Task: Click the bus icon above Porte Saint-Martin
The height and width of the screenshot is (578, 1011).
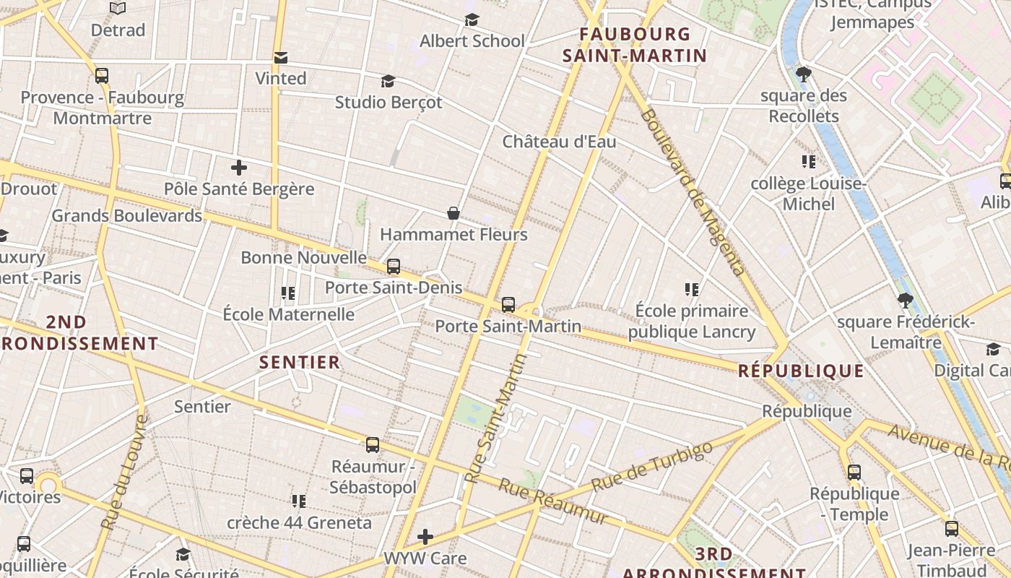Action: (508, 304)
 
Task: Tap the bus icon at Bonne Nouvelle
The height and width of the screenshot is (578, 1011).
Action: (394, 267)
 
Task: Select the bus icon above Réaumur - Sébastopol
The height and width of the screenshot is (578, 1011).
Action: (373, 445)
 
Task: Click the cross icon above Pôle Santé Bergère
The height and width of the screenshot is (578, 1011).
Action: (239, 168)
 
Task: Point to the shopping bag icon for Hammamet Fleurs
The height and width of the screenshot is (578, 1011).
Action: (454, 213)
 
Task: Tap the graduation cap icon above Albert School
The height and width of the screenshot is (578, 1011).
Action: (472, 20)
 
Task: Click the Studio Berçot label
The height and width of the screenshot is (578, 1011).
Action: (389, 103)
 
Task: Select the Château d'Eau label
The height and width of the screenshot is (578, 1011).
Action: (560, 142)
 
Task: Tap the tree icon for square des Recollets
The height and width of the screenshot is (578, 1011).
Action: (803, 74)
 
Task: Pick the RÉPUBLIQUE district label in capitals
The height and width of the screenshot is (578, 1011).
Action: (801, 371)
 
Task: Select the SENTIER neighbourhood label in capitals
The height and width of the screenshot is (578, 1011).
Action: (300, 363)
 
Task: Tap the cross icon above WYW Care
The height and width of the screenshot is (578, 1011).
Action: (426, 537)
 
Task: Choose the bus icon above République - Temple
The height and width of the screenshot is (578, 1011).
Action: (854, 473)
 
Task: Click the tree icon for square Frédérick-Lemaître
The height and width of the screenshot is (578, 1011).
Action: (905, 301)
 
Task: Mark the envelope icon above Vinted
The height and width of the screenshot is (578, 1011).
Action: (281, 57)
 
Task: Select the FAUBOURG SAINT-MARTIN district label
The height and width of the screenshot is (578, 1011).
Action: (635, 44)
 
